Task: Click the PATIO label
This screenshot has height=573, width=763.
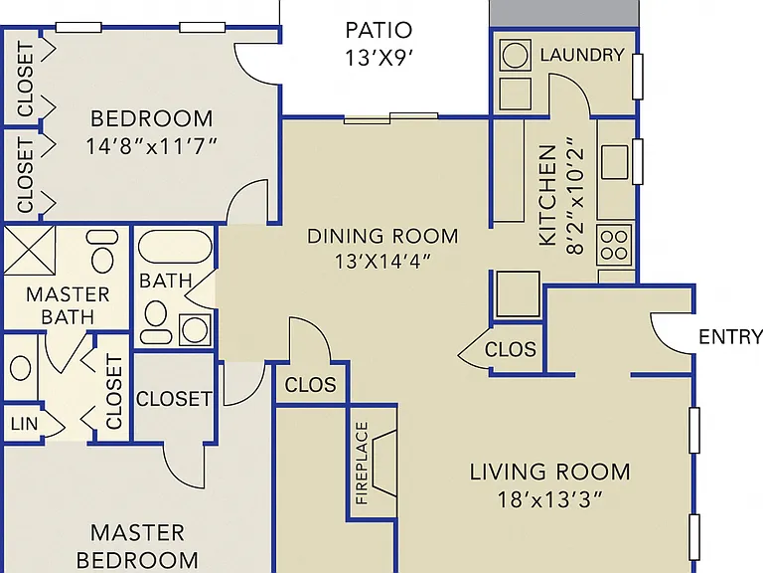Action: (379, 30)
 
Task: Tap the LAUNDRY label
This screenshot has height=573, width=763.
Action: (582, 55)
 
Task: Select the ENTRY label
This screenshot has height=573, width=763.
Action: (730, 336)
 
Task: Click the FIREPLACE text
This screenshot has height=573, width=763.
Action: (362, 463)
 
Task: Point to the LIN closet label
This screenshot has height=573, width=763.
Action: (24, 424)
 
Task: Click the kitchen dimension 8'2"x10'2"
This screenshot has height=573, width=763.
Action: (574, 195)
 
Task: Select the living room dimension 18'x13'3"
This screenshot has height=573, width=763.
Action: (549, 499)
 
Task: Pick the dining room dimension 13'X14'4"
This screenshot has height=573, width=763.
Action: (382, 262)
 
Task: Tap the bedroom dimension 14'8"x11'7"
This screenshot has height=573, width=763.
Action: (151, 145)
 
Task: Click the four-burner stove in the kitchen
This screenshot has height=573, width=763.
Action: (614, 245)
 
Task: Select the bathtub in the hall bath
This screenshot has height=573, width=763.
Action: (175, 246)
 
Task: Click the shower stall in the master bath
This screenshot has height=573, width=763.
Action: (29, 250)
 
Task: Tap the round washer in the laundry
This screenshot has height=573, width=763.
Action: (515, 55)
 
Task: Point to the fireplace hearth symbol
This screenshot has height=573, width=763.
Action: (384, 464)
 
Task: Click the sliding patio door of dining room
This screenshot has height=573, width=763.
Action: (390, 117)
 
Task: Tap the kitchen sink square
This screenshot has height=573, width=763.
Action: (615, 162)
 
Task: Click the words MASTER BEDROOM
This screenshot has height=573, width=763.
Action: (138, 546)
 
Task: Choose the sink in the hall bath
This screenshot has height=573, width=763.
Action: (195, 329)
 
